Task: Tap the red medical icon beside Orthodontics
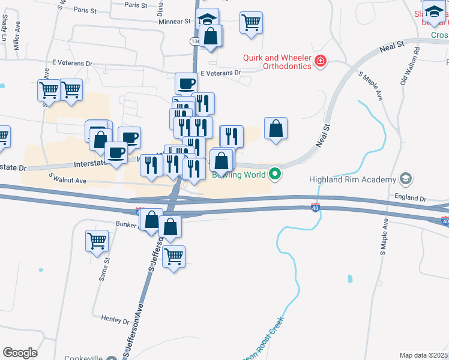pyautogui.click(x=321, y=60)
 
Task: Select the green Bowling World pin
pyautogui.click(x=276, y=175)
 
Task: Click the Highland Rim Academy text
pyautogui.click(x=352, y=179)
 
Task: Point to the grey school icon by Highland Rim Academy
pyautogui.click(x=406, y=179)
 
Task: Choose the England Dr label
pyautogui.click(x=410, y=197)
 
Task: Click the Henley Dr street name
pyautogui.click(x=115, y=319)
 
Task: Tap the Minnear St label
pyautogui.click(x=174, y=21)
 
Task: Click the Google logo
pyautogui.click(x=20, y=353)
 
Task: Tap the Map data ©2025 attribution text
pyautogui.click(x=423, y=355)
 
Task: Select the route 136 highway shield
pyautogui.click(x=194, y=41)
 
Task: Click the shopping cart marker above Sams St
pyautogui.click(x=97, y=241)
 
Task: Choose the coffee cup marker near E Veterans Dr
pyautogui.click(x=186, y=83)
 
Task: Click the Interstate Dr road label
pyautogui.click(x=93, y=163)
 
